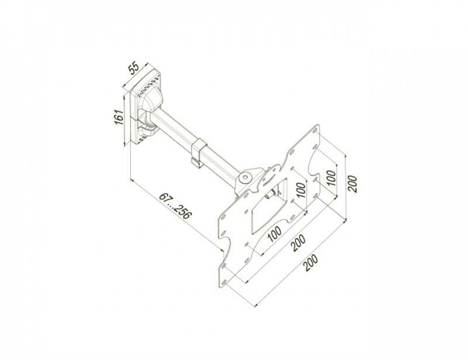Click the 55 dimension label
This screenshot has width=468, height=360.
point(134,68)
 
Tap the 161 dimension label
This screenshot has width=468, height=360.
point(119,118)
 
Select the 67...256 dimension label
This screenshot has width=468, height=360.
point(174,206)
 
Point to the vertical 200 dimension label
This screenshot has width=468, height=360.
point(352,184)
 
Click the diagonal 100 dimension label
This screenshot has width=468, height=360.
point(274,234)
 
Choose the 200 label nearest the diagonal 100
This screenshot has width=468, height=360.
point(298,242)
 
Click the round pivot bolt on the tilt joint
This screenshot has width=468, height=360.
point(246,177)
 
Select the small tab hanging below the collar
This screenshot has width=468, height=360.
point(195,162)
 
